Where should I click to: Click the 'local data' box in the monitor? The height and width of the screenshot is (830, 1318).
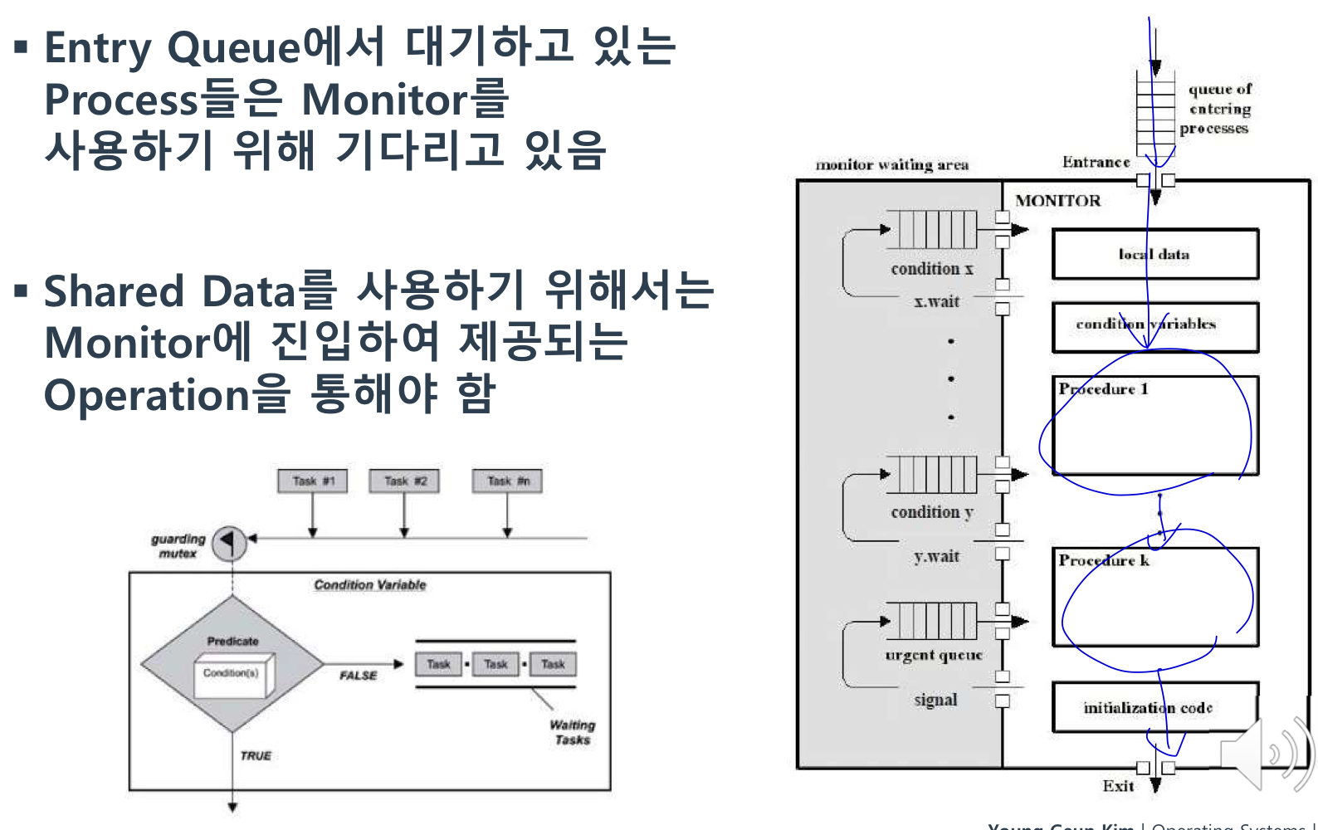pyautogui.click(x=1154, y=254)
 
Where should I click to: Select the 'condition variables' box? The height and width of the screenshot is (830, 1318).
pyautogui.click(x=1154, y=326)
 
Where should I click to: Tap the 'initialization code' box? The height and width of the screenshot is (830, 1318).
pyautogui.click(x=1154, y=707)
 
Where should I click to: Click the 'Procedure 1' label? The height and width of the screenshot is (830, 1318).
pyautogui.click(x=1103, y=388)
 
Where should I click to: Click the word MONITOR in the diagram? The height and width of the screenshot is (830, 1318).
pyautogui.click(x=1057, y=201)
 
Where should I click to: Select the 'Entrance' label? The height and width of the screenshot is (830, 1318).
pyautogui.click(x=1096, y=162)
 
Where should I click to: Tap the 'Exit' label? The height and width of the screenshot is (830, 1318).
pyautogui.click(x=1118, y=785)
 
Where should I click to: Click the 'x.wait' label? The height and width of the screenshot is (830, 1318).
pyautogui.click(x=936, y=301)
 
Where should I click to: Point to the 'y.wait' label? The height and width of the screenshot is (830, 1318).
pyautogui.click(x=936, y=556)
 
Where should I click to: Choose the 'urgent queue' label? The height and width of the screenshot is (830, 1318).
pyautogui.click(x=934, y=655)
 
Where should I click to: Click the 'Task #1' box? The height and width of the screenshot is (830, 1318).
pyautogui.click(x=313, y=481)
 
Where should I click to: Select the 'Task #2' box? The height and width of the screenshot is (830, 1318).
pyautogui.click(x=405, y=481)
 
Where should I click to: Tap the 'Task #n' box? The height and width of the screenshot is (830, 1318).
pyautogui.click(x=507, y=481)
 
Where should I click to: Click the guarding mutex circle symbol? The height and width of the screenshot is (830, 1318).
pyautogui.click(x=229, y=544)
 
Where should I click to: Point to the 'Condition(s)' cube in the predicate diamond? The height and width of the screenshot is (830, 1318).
pyautogui.click(x=232, y=673)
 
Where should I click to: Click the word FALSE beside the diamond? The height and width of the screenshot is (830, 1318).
pyautogui.click(x=358, y=676)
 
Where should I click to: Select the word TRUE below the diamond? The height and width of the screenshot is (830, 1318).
pyautogui.click(x=256, y=755)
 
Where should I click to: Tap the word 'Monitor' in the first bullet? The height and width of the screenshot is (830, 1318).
pyautogui.click(x=383, y=100)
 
